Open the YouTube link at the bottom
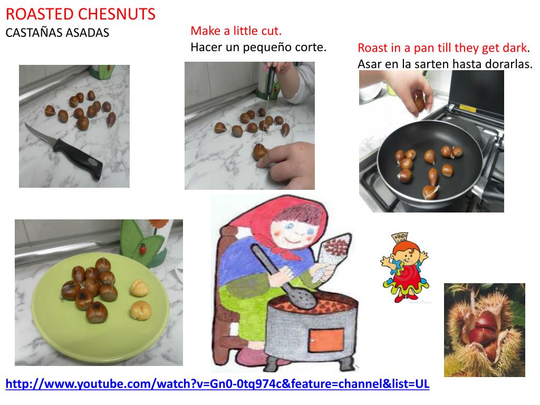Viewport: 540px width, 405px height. click(217, 384)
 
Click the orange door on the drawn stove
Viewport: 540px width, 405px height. click(326, 340)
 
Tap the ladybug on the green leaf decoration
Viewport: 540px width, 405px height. click(142, 248)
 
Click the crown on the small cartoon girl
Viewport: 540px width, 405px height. click(400, 238)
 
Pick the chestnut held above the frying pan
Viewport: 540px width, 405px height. click(420, 104)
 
